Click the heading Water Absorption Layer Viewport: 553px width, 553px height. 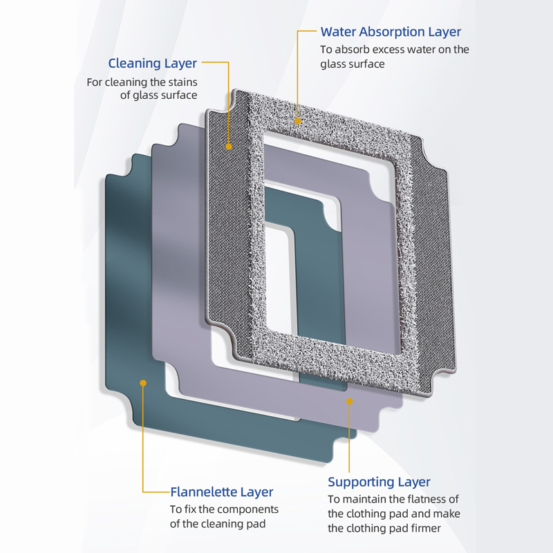391,32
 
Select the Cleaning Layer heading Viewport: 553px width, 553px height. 152,64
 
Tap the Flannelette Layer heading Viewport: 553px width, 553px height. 221,492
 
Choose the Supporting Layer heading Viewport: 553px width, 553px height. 379,482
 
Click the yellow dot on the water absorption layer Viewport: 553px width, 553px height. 298,122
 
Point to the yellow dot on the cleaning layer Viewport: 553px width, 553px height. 229,147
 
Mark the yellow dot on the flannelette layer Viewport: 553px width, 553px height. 143,383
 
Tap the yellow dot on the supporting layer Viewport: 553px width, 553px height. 350,402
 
